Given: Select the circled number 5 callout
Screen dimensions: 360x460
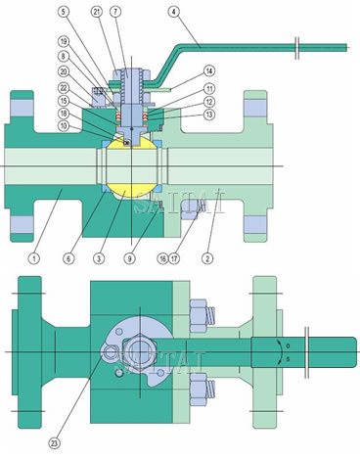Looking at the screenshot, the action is click(91, 12).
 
